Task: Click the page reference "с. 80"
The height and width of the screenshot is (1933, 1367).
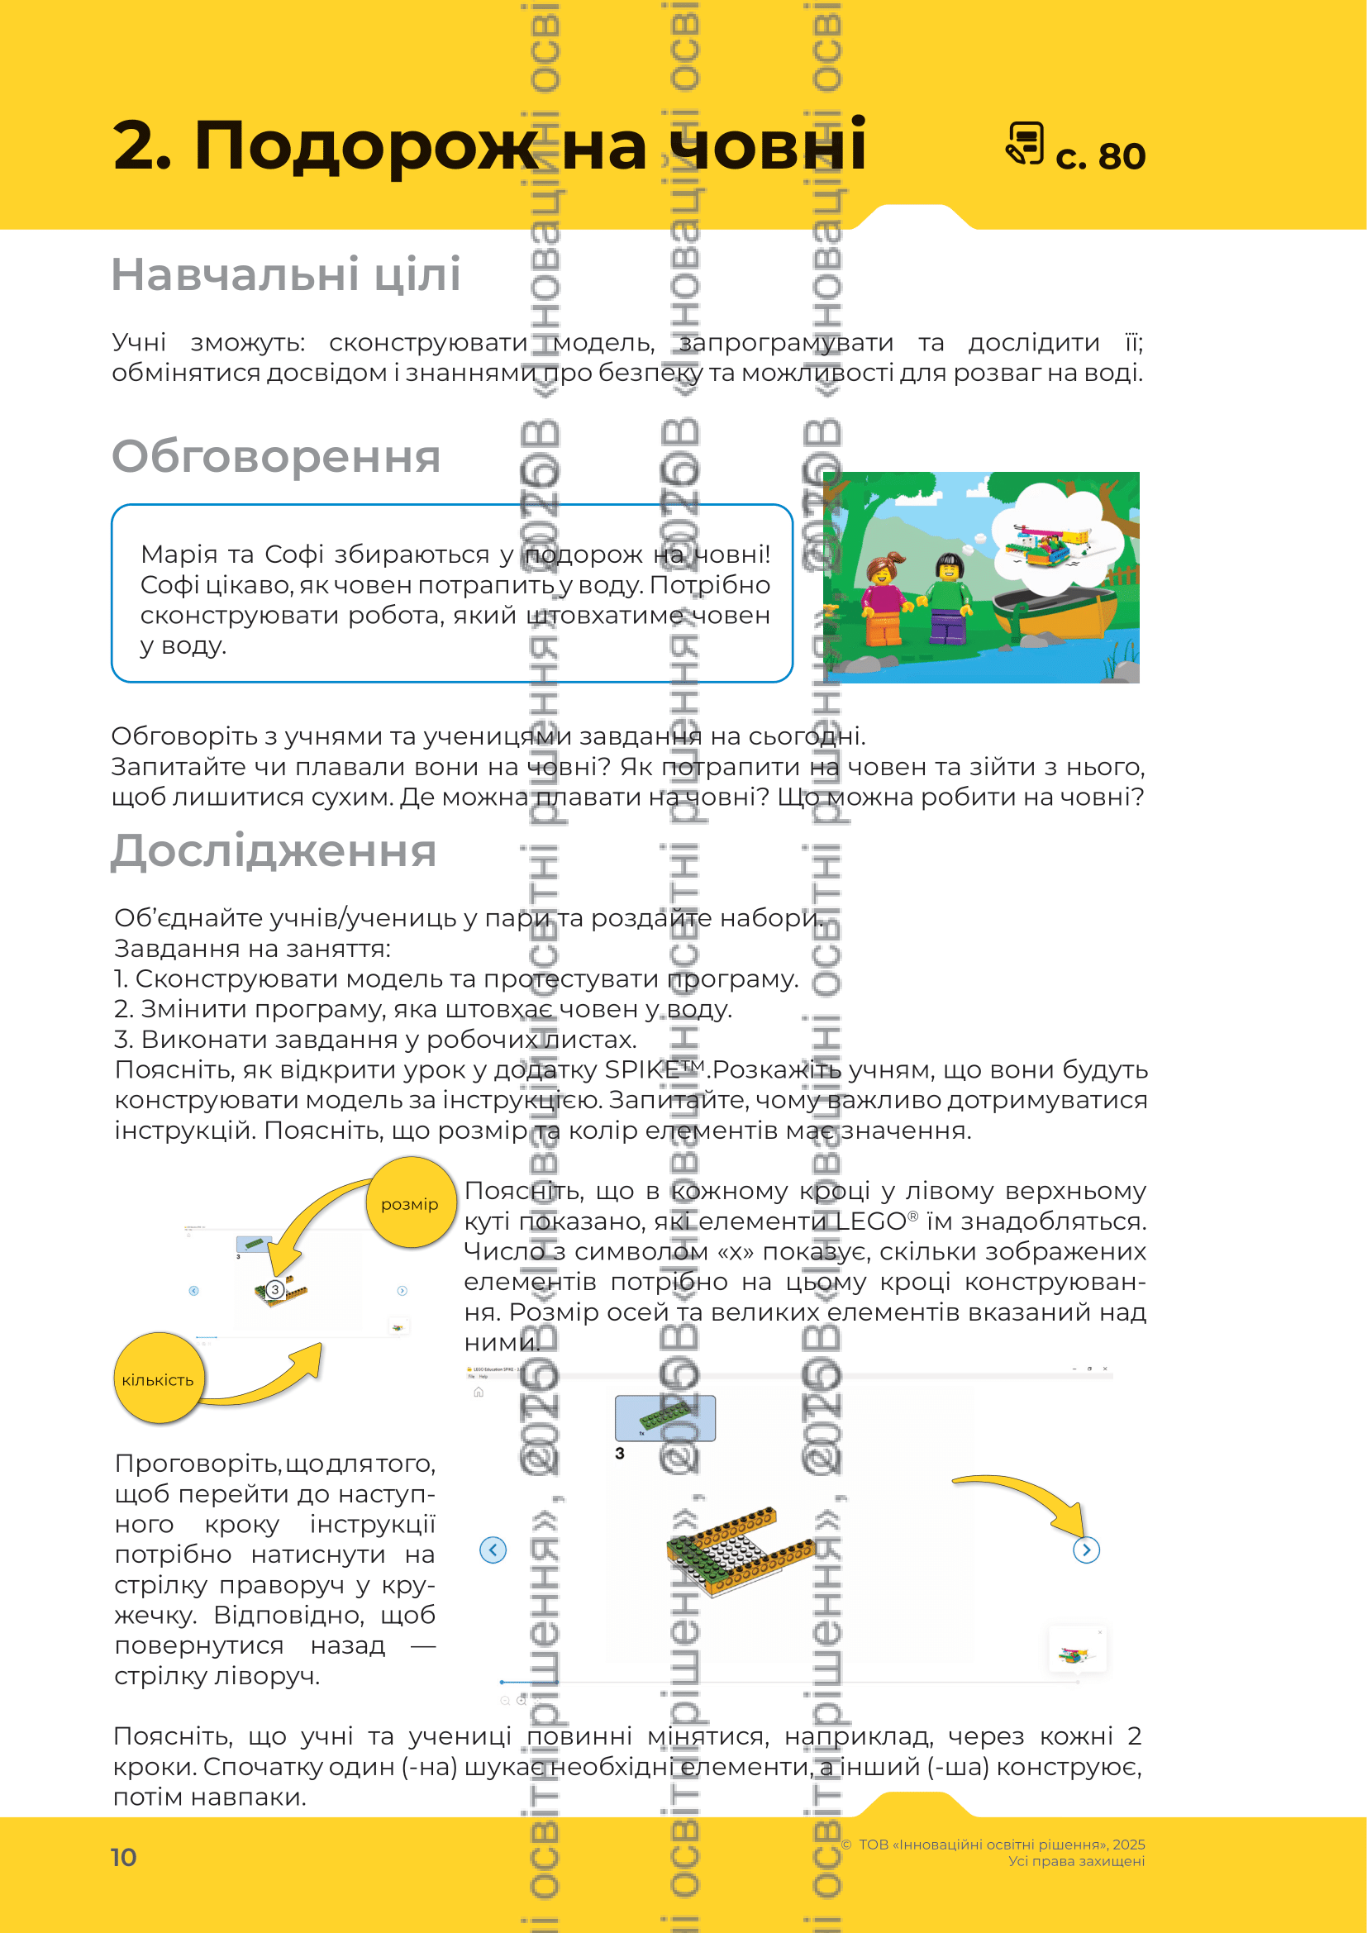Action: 1100,156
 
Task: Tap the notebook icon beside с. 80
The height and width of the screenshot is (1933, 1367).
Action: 1025,143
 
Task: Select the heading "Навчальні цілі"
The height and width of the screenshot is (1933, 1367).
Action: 286,274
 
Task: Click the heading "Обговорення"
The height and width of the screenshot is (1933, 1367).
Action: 276,456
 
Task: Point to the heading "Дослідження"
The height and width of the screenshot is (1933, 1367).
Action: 274,850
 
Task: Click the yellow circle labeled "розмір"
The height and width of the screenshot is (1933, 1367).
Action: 410,1203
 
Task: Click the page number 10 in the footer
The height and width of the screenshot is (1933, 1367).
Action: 124,1856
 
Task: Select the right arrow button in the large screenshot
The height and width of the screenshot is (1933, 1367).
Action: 1086,1549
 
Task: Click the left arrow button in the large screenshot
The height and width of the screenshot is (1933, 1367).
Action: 493,1549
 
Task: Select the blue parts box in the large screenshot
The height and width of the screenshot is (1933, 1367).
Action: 665,1418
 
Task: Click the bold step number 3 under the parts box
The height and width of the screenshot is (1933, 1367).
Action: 621,1453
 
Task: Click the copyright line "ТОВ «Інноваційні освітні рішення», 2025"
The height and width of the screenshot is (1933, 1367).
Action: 1001,1844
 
